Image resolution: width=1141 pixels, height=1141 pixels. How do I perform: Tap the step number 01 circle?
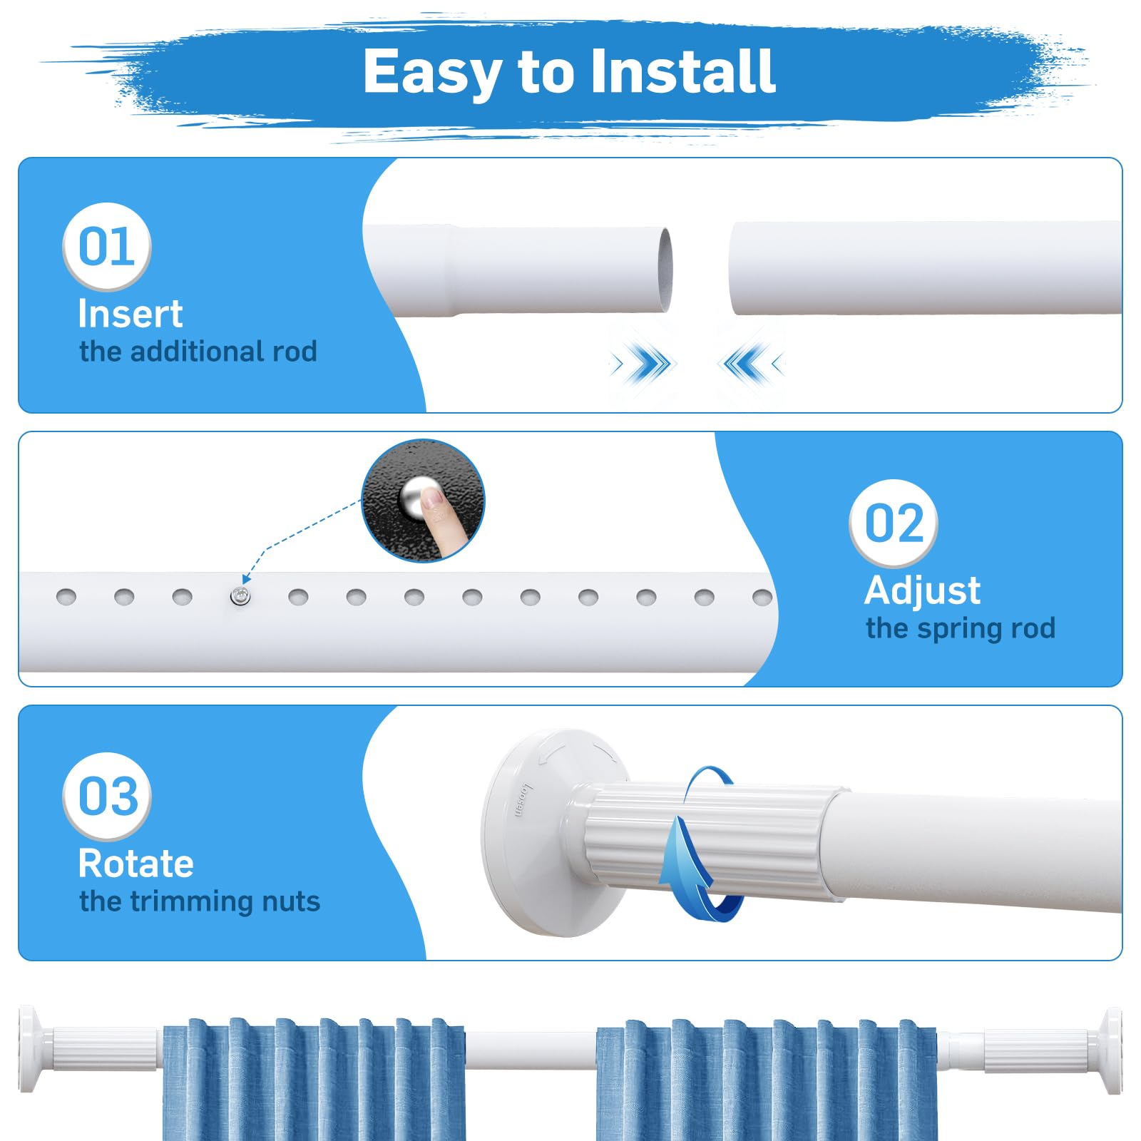pyautogui.click(x=107, y=247)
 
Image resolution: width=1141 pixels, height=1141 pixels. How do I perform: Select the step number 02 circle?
pyautogui.click(x=894, y=523)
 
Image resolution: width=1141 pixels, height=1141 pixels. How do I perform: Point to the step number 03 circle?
pyautogui.click(x=107, y=797)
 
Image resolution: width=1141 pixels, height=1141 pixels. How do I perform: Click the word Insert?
pyautogui.click(x=131, y=314)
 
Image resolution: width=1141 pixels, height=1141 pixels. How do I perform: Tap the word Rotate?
pyautogui.click(x=136, y=864)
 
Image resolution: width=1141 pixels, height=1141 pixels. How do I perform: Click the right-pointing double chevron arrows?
pyautogui.click(x=642, y=364)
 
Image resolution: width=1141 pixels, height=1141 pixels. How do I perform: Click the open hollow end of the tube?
pyautogui.click(x=664, y=270)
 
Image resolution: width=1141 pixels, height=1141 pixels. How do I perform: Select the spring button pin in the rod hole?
pyautogui.click(x=240, y=596)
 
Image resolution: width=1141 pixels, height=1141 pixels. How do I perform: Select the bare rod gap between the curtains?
pyautogui.click(x=531, y=1050)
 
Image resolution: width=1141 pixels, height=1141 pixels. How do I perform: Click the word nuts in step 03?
pyautogui.click(x=290, y=901)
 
